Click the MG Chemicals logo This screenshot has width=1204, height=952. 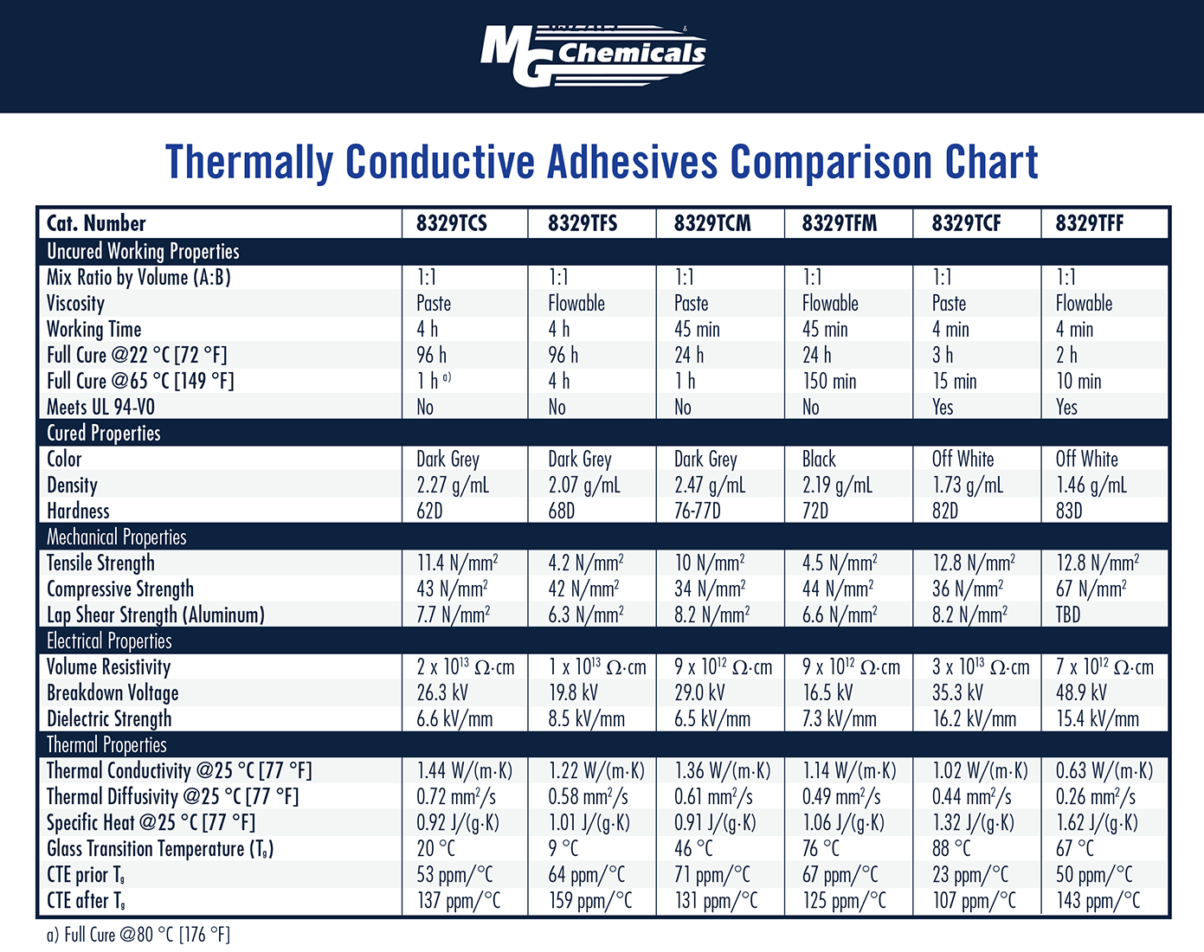pyautogui.click(x=594, y=55)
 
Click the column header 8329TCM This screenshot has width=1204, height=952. pyautogui.click(x=712, y=223)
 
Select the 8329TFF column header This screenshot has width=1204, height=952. pyautogui.click(x=1089, y=223)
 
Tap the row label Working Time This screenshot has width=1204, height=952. pyautogui.click(x=93, y=329)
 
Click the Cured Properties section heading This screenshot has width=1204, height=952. pyautogui.click(x=103, y=433)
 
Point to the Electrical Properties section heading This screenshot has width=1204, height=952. pyautogui.click(x=109, y=640)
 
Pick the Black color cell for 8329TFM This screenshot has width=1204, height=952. pyautogui.click(x=819, y=459)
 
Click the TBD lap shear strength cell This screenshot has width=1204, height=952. pyautogui.click(x=1068, y=614)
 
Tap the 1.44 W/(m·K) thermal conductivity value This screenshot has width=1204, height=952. pyautogui.click(x=464, y=770)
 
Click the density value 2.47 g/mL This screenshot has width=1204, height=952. pyautogui.click(x=709, y=485)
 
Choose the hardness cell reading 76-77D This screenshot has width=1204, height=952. pyautogui.click(x=697, y=511)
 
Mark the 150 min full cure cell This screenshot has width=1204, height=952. pyautogui.click(x=828, y=381)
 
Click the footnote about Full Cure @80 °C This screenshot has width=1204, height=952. pyautogui.click(x=138, y=935)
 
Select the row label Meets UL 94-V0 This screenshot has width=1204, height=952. pyautogui.click(x=100, y=407)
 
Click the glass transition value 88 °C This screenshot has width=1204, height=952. pyautogui.click(x=951, y=848)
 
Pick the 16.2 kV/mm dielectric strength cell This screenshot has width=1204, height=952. pyautogui.click(x=974, y=718)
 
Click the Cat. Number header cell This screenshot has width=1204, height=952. pyautogui.click(x=96, y=223)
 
